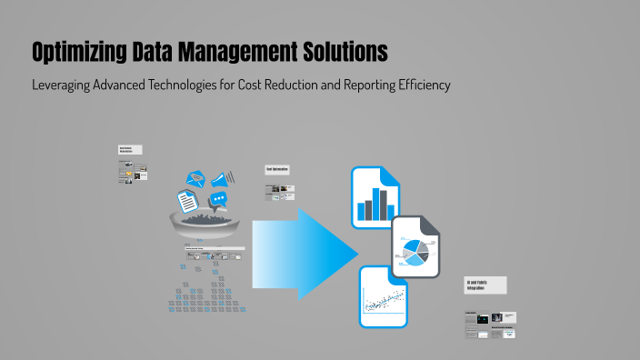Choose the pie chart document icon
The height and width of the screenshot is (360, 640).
(x=416, y=247)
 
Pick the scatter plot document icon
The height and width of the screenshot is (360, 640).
(x=383, y=297)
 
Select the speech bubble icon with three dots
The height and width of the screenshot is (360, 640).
(x=218, y=200)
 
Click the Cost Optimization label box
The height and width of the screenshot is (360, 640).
(x=277, y=170)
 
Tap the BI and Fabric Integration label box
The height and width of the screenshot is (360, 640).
(x=485, y=285)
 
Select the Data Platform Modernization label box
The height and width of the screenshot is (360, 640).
(x=130, y=150)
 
